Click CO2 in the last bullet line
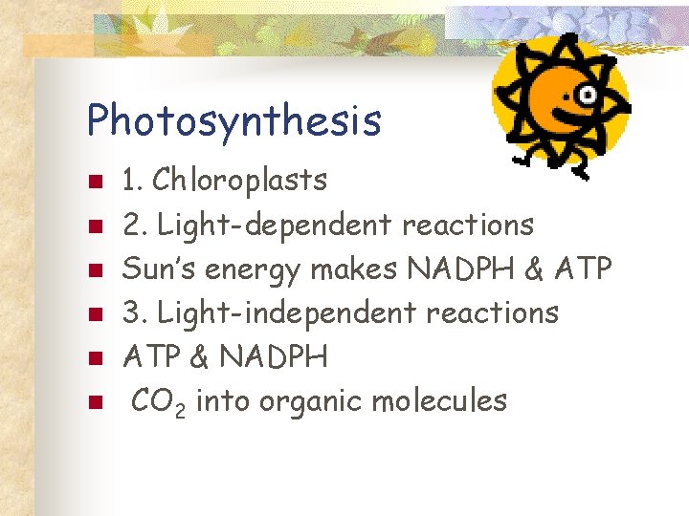click(x=163, y=401)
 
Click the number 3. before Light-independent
click(x=133, y=312)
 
